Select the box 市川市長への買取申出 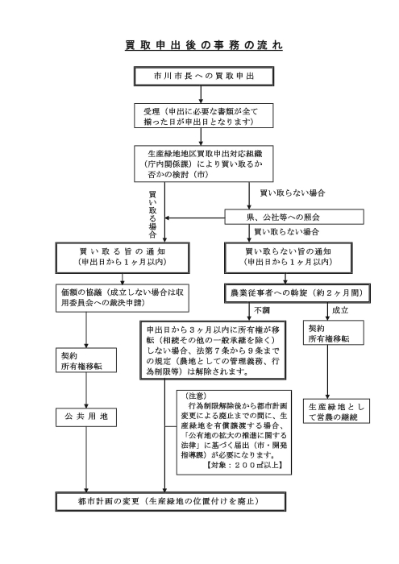198,77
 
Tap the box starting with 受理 198,116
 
